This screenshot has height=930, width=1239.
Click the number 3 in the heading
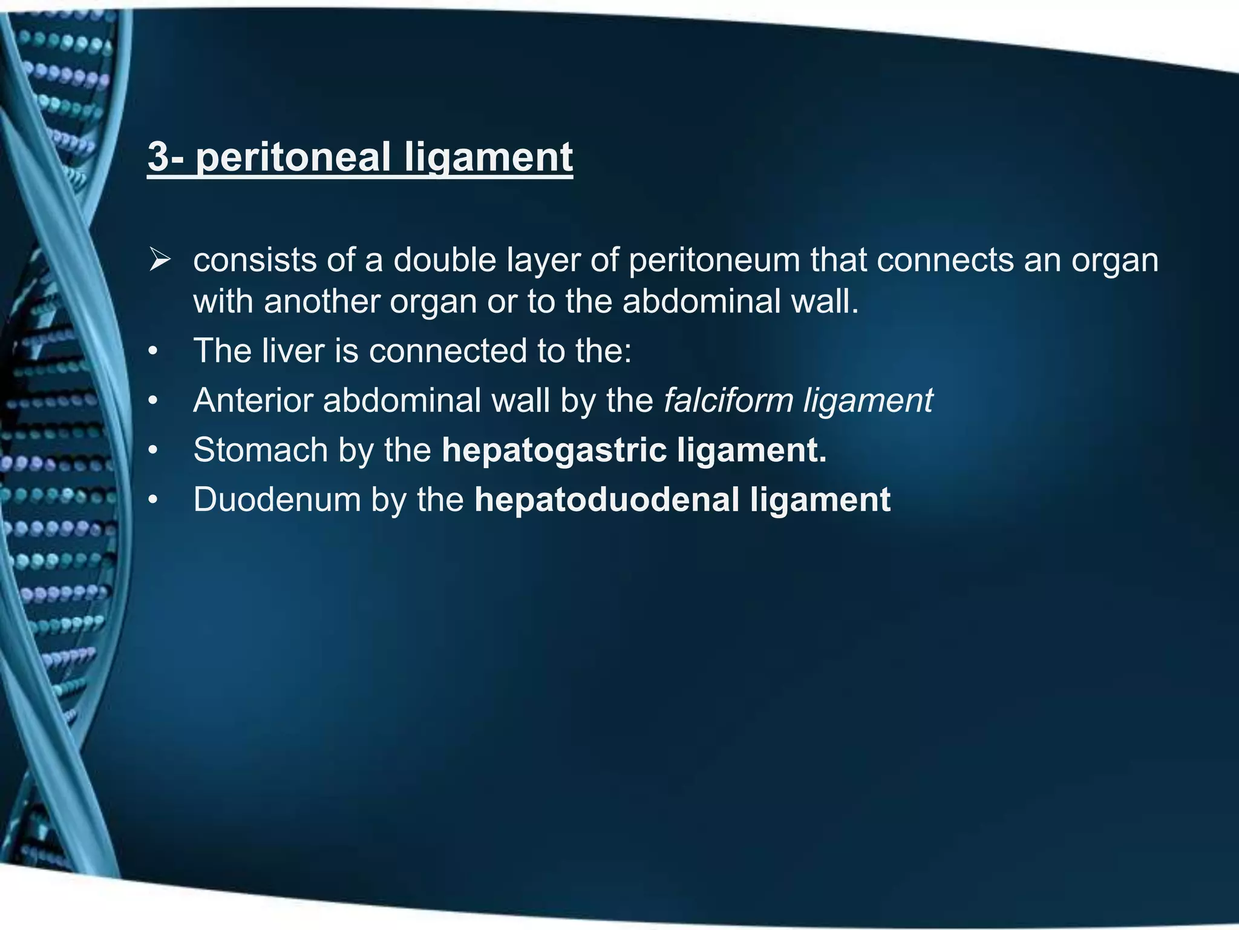(159, 157)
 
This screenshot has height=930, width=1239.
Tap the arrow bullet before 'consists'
(161, 261)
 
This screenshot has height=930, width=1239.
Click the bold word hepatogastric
(553, 451)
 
